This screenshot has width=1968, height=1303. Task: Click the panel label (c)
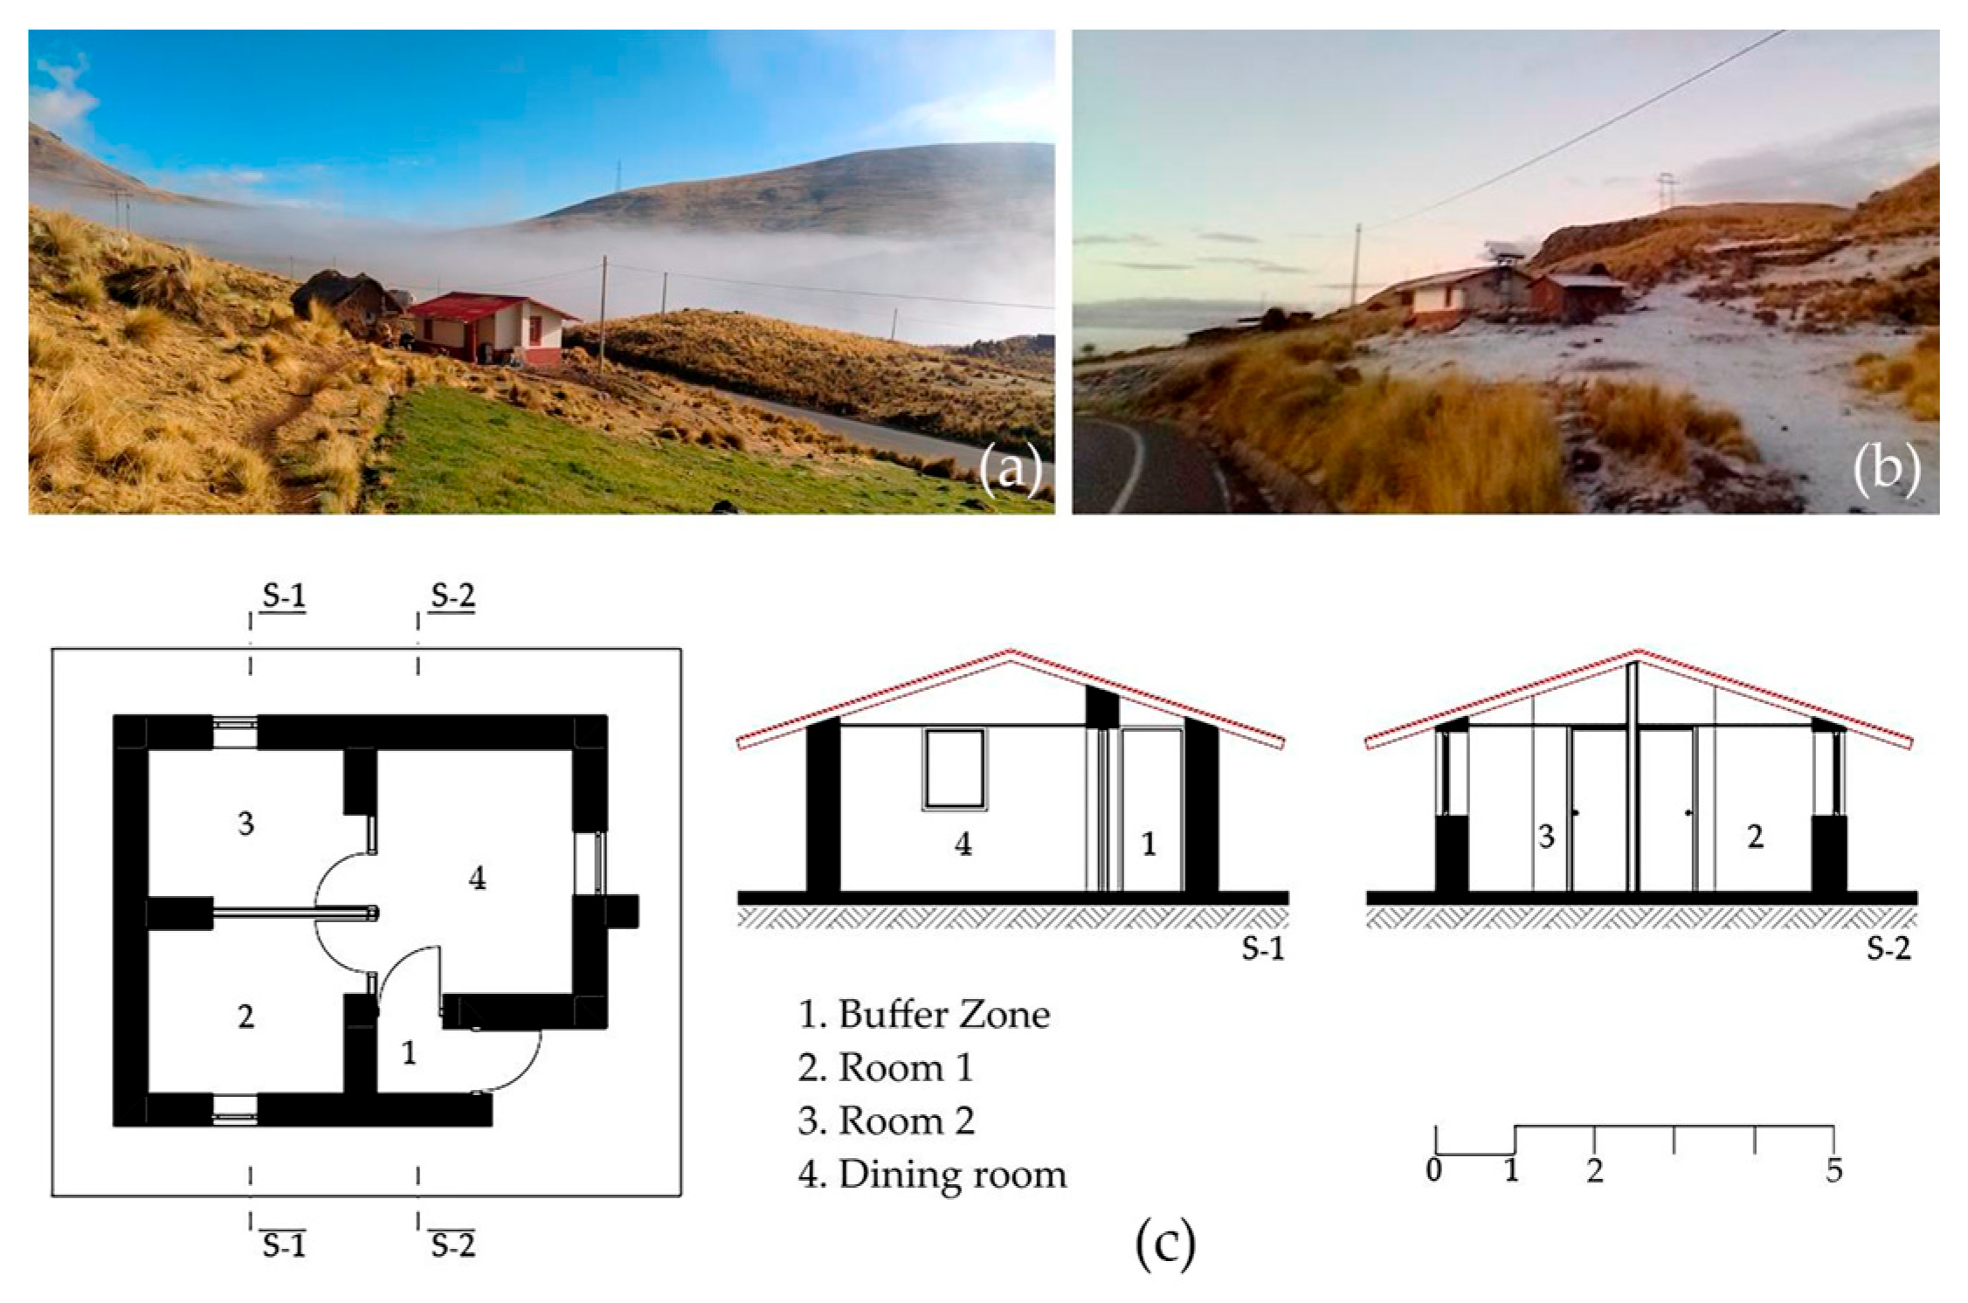click(1164, 1244)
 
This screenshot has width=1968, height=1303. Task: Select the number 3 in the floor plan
click(245, 823)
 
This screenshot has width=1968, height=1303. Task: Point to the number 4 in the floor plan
click(477, 879)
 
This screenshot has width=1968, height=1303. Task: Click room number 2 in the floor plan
click(245, 1017)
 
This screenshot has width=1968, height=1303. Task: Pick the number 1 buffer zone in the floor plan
click(409, 1054)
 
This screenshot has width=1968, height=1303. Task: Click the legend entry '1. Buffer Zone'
click(923, 1015)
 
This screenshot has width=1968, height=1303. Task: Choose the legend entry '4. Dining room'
click(932, 1175)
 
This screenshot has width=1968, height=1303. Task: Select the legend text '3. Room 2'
click(886, 1121)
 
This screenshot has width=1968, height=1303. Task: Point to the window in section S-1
click(955, 769)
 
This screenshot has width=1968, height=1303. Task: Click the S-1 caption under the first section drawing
click(1263, 948)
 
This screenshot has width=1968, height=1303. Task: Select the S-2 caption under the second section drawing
click(1889, 948)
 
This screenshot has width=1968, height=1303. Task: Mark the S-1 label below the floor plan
click(284, 1245)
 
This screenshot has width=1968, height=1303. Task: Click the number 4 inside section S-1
click(963, 845)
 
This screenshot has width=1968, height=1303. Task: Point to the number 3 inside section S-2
click(1546, 837)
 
